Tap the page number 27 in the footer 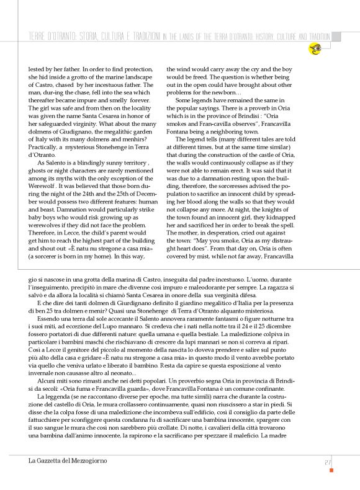[x=327, y=461]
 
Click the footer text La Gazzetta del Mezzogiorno [x=68, y=461]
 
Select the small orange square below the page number [x=331, y=470]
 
